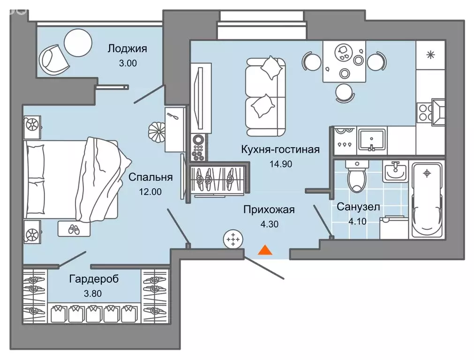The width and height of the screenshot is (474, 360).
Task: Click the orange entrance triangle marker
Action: pos(265,250)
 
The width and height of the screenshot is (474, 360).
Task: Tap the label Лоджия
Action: pos(127,48)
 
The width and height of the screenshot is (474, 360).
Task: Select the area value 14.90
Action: pos(280,165)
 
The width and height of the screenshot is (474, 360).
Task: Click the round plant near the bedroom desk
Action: pos(156,131)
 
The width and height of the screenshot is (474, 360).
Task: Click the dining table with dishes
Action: pos(345,61)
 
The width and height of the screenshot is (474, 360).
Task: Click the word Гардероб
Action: pos(94,279)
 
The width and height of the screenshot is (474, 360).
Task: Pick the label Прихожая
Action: pos(269,210)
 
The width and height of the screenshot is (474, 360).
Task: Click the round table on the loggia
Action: pos(78,42)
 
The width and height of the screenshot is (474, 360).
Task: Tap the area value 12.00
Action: pos(150,191)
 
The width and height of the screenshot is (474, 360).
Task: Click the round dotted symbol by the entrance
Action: pos(232,240)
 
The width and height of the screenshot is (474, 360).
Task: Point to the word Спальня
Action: pos(150,177)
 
